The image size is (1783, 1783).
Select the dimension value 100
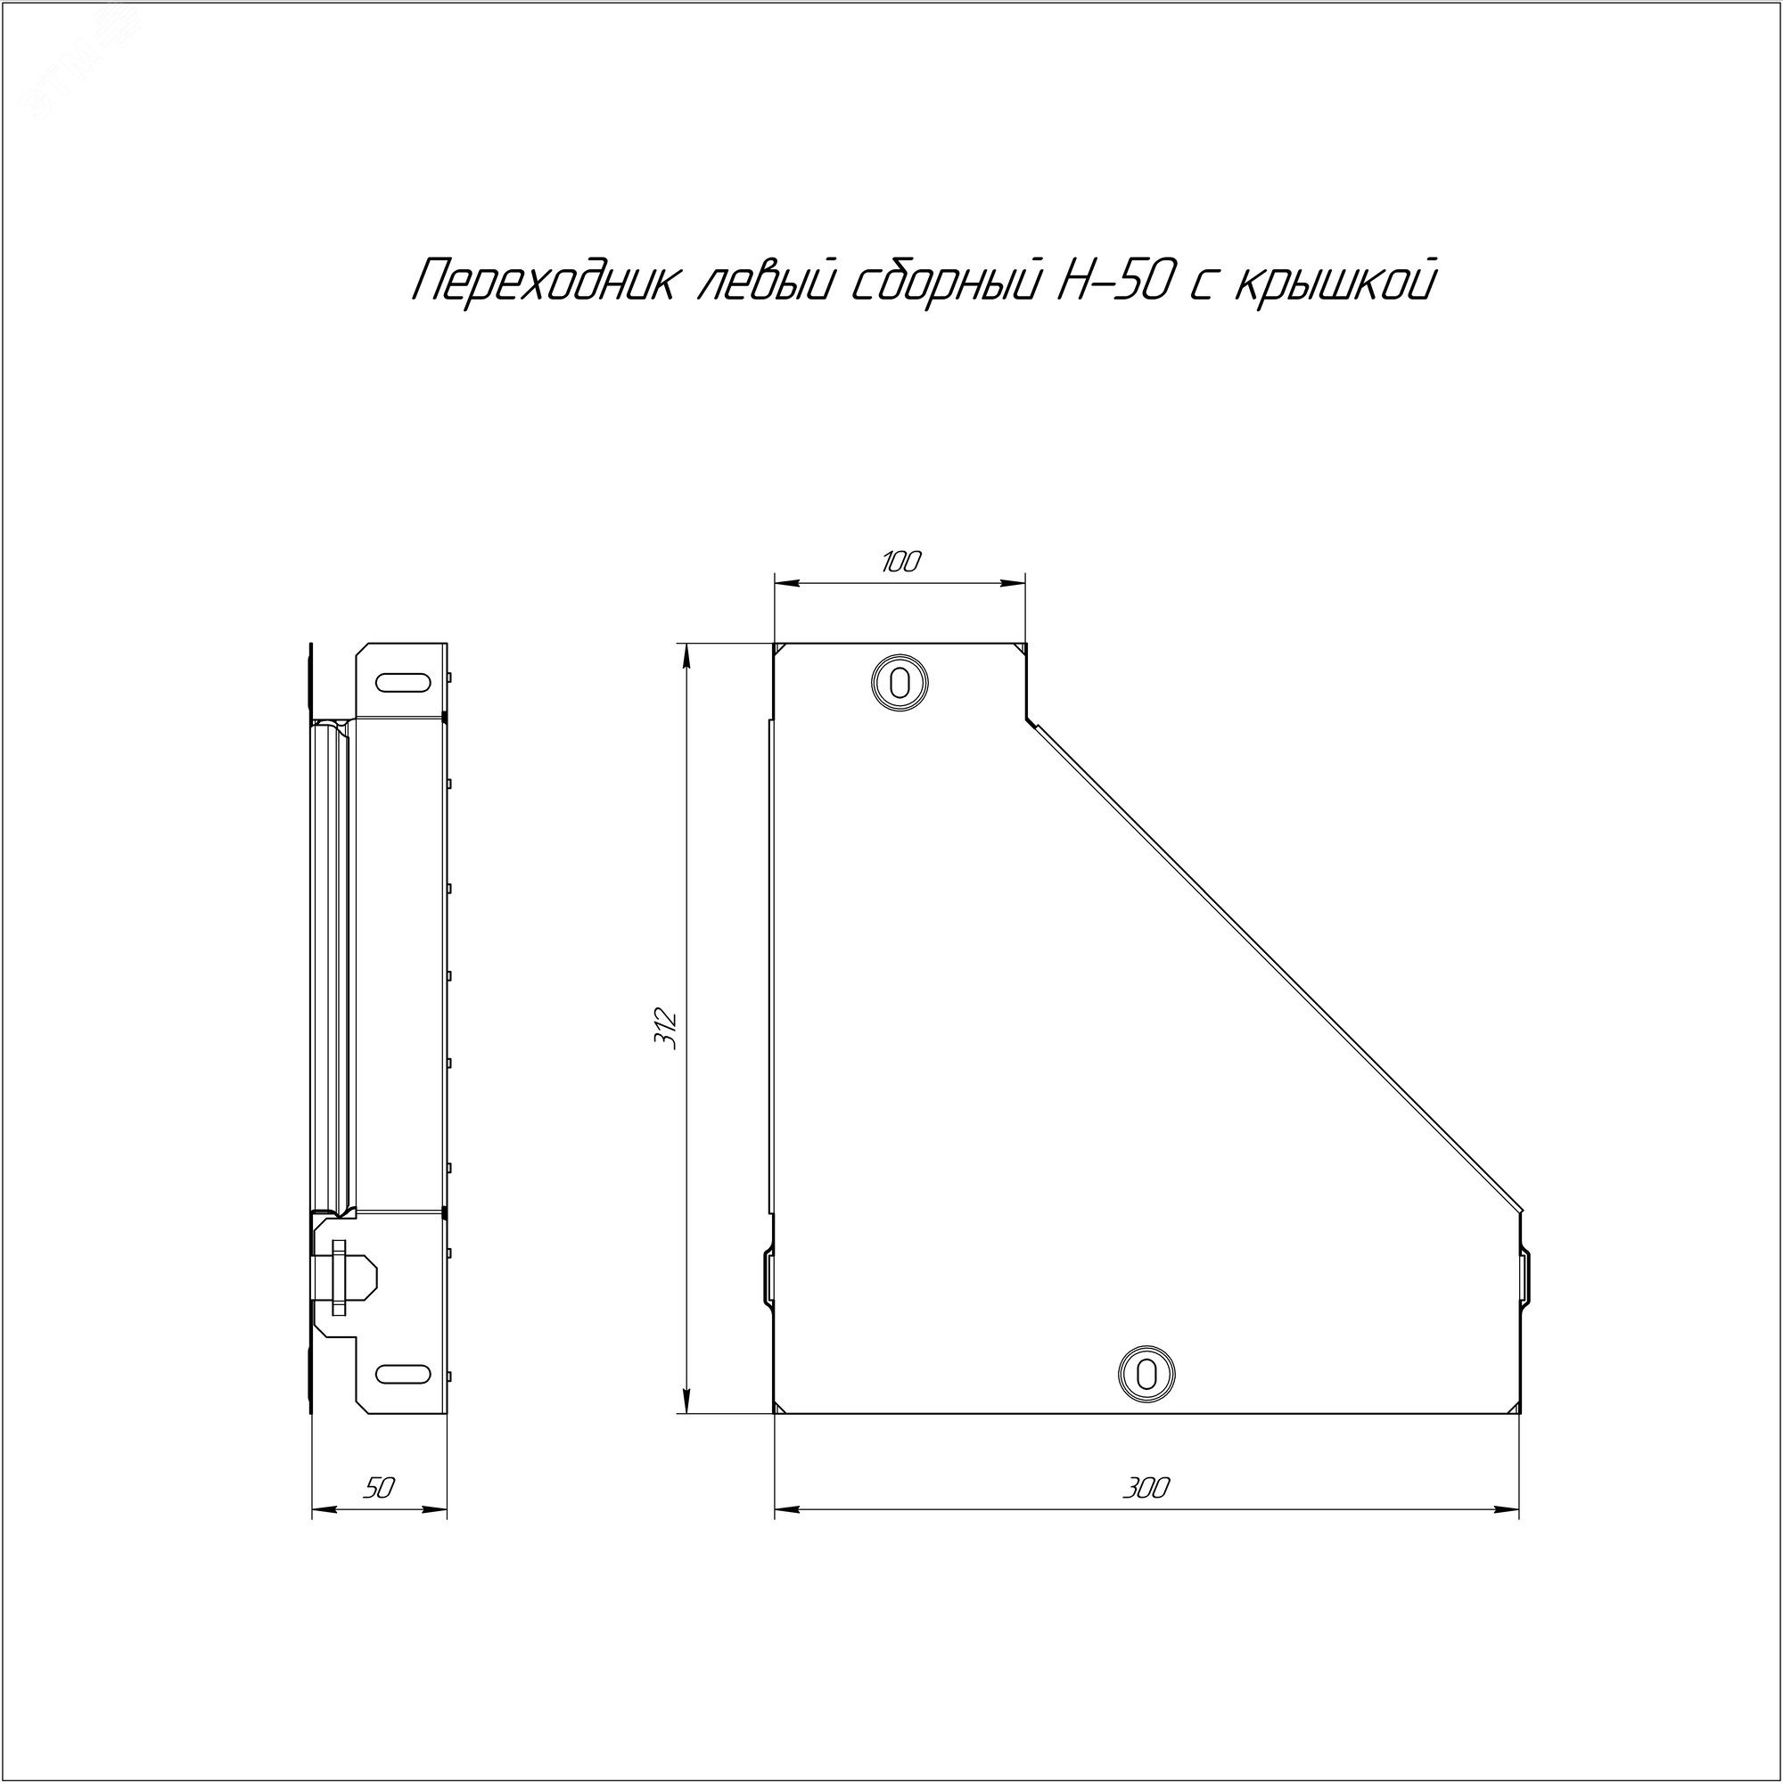click(900, 561)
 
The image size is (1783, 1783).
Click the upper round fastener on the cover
click(899, 684)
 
